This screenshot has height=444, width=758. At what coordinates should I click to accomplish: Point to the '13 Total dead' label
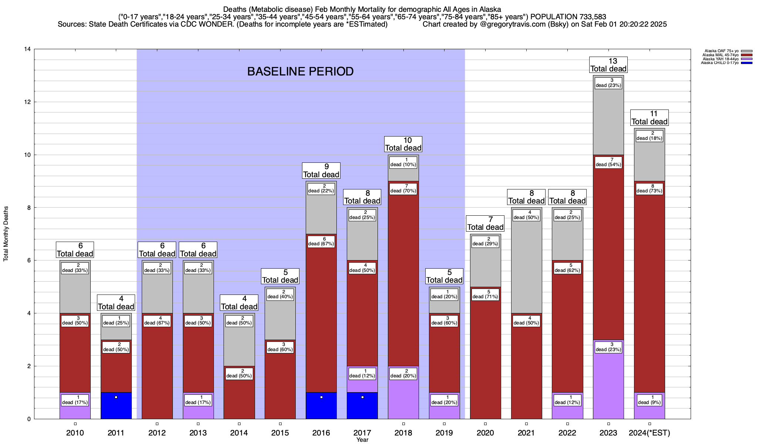[608, 65]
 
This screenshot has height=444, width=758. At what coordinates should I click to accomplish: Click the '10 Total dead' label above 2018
[403, 144]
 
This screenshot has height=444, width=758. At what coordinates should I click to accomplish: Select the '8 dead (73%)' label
[650, 188]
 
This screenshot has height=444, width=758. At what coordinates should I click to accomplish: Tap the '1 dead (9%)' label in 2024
[650, 400]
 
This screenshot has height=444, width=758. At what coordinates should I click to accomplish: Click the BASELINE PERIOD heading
[300, 71]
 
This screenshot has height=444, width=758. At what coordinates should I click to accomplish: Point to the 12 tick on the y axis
[28, 102]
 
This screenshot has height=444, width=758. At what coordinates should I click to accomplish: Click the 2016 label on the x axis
[321, 433]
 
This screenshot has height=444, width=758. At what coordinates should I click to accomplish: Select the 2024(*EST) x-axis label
[650, 433]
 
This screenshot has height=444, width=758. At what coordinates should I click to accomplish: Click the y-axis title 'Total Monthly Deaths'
[6, 234]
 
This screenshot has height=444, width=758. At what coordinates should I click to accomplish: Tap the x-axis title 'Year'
[362, 440]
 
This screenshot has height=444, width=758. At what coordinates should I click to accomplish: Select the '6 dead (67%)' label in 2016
[321, 241]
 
